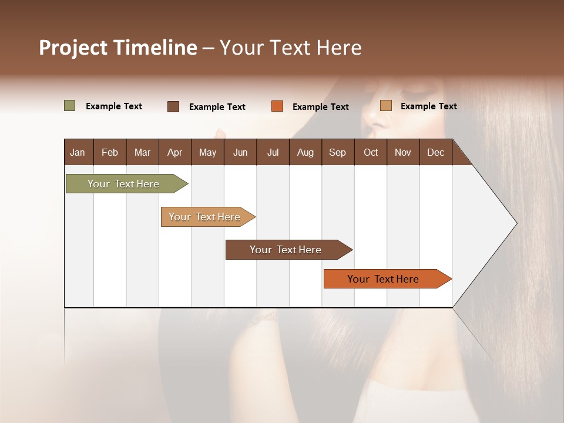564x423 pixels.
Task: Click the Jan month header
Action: click(78, 152)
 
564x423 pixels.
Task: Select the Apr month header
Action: click(174, 152)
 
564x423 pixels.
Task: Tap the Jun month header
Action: click(240, 152)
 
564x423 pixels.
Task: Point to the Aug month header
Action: click(305, 152)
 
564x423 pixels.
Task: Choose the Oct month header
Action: click(371, 152)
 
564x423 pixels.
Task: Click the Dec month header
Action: click(435, 152)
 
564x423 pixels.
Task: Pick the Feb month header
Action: click(110, 152)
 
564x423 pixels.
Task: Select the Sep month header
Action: click(337, 152)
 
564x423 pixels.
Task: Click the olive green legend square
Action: click(70, 106)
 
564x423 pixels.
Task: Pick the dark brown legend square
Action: click(173, 106)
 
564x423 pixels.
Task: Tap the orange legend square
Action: click(277, 106)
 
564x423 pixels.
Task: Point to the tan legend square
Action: click(385, 106)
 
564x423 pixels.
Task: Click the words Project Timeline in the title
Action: click(118, 48)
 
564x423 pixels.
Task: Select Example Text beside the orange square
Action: click(320, 107)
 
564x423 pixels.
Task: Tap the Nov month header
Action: click(402, 152)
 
